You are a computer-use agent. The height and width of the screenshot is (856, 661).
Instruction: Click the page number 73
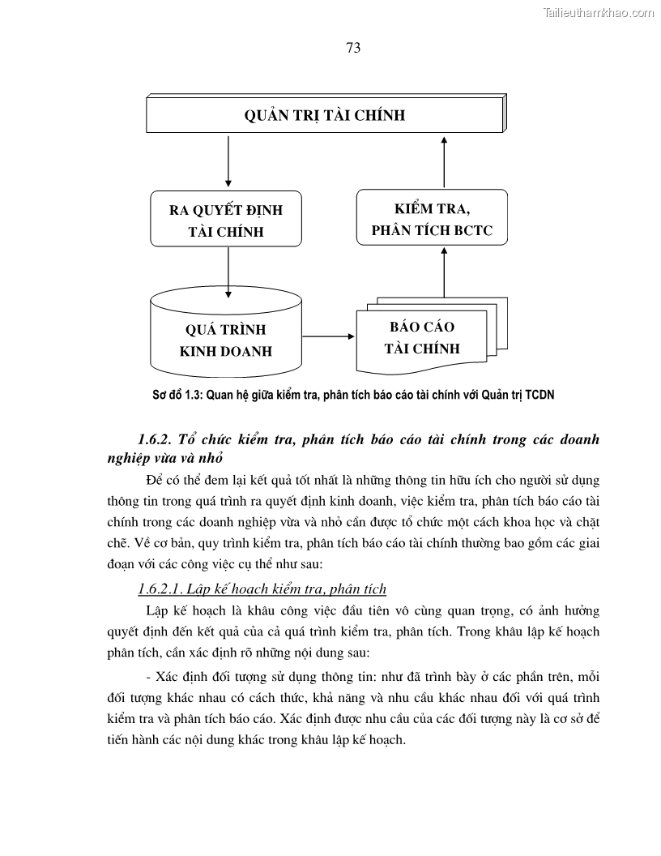coord(352,48)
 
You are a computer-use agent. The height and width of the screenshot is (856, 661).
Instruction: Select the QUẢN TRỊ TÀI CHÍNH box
coord(325,114)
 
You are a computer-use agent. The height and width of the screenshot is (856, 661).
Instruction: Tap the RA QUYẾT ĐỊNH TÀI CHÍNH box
coord(226,220)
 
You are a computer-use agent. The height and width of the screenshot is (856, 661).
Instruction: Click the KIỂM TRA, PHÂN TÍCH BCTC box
coord(432,217)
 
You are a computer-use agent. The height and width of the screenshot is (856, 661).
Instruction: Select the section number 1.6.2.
coord(156,440)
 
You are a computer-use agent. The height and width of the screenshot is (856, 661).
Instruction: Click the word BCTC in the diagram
coord(473,230)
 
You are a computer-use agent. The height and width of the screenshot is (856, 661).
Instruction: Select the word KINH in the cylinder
coord(200,352)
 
